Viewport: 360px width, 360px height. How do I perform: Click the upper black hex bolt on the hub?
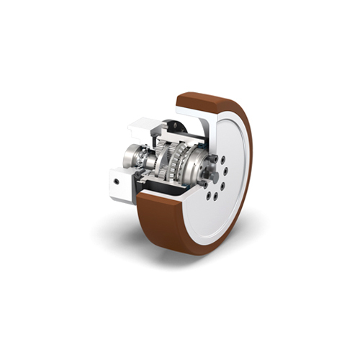(213, 158)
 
